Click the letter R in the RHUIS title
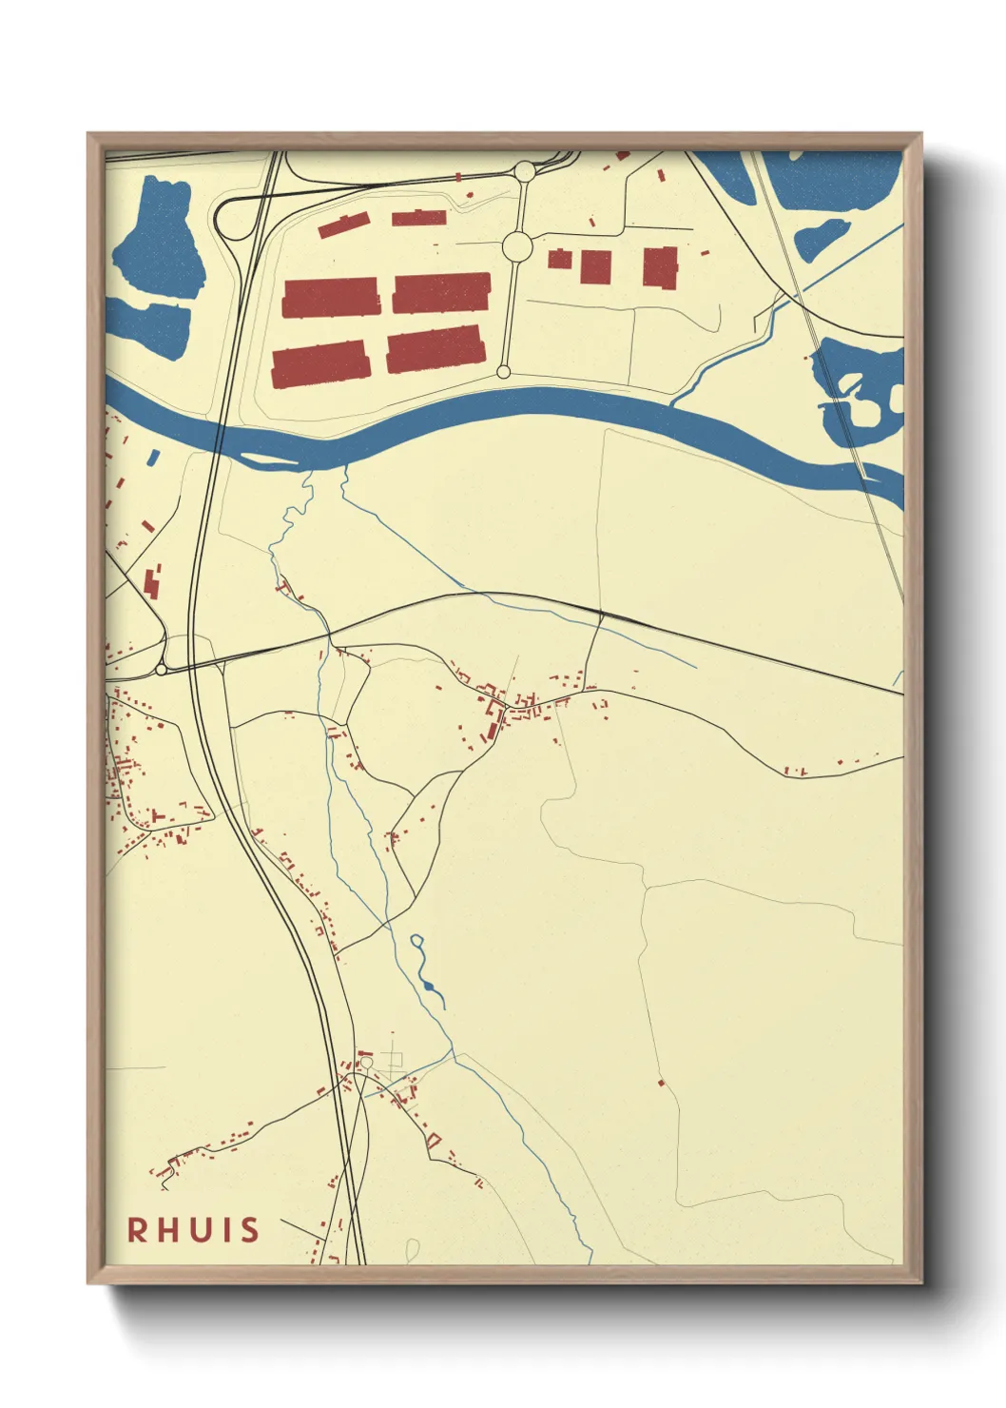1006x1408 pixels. pyautogui.click(x=138, y=1230)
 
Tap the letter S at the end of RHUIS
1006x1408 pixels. pyautogui.click(x=249, y=1230)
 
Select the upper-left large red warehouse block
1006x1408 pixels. pyautogui.click(x=331, y=297)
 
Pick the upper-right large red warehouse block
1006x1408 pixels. pyautogui.click(x=442, y=292)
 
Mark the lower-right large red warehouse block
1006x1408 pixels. pyautogui.click(x=435, y=350)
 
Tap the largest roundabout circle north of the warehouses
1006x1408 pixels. pyautogui.click(x=516, y=246)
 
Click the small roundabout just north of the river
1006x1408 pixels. pyautogui.click(x=504, y=372)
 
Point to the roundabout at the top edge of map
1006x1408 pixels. pyautogui.click(x=524, y=171)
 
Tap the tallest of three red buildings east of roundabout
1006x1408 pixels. pyautogui.click(x=660, y=266)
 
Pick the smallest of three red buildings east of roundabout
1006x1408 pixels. pyautogui.click(x=559, y=258)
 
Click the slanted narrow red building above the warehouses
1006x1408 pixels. pyautogui.click(x=343, y=225)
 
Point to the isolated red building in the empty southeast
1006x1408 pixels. pyautogui.click(x=661, y=1083)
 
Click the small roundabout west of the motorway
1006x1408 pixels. pyautogui.click(x=161, y=670)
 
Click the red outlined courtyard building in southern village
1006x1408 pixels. pyautogui.click(x=435, y=1140)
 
